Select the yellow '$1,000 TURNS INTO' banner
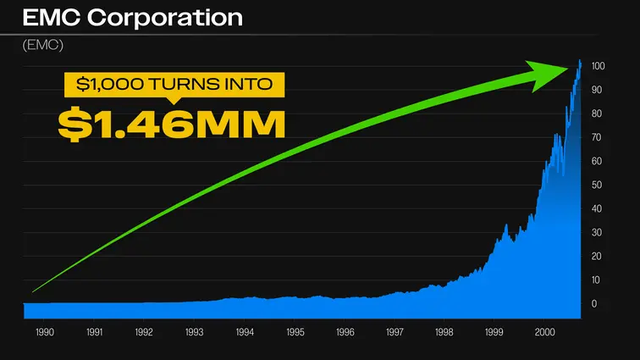click(x=174, y=85)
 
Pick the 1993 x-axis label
click(x=194, y=333)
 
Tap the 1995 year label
click(x=294, y=333)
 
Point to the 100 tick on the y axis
click(x=599, y=66)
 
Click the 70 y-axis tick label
click(x=598, y=137)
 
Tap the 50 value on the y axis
click(x=598, y=185)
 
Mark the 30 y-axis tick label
click(x=598, y=232)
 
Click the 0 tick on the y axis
click(x=595, y=303)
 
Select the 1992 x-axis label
click(x=144, y=333)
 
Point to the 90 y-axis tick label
click(x=598, y=90)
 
